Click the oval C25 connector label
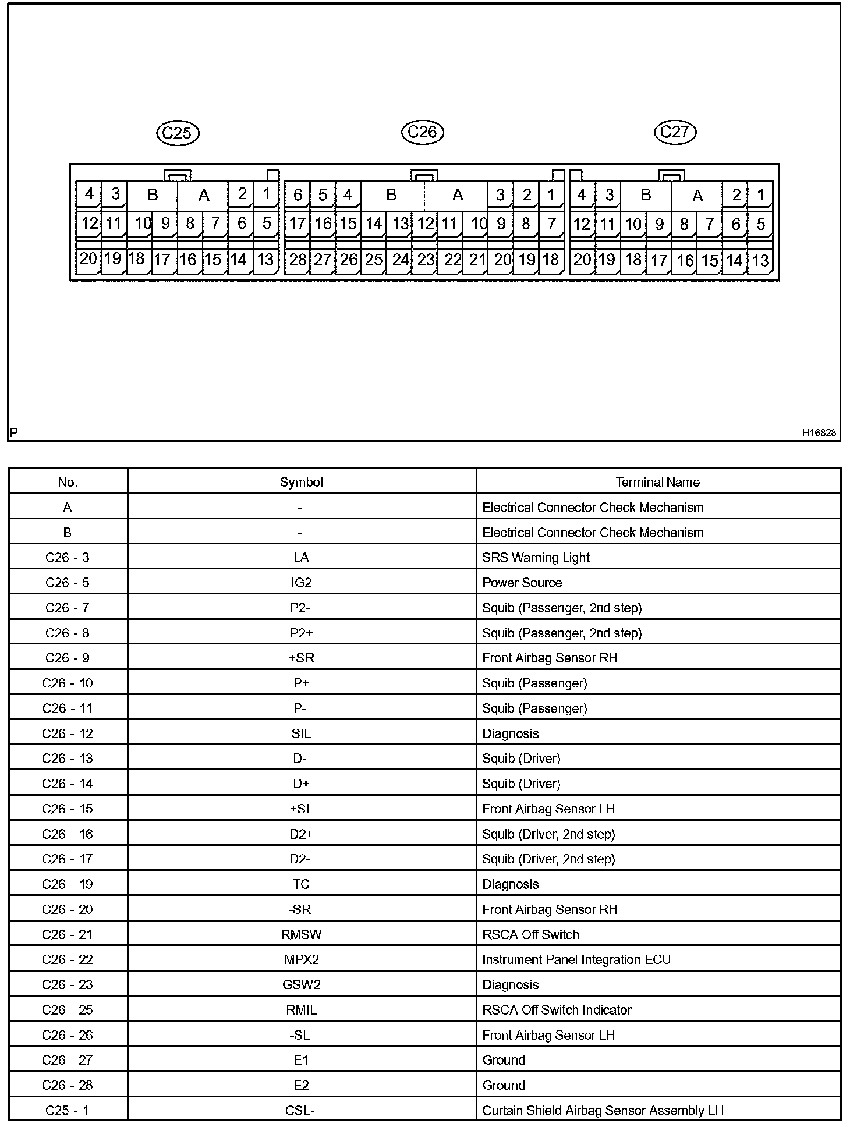(x=178, y=133)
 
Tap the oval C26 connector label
(x=423, y=132)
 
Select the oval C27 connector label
(x=675, y=132)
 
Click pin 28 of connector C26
(x=298, y=260)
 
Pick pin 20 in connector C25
(x=88, y=258)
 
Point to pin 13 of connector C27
(x=760, y=260)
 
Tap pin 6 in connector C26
(x=298, y=195)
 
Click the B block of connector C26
(x=392, y=195)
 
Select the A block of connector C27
(x=697, y=196)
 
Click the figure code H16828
(x=819, y=433)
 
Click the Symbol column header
(x=301, y=482)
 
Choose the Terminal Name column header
(x=658, y=482)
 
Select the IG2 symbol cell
(x=301, y=583)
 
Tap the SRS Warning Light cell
(x=536, y=558)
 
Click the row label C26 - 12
(x=68, y=733)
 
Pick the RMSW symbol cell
(x=301, y=934)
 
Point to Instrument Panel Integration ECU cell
(x=576, y=959)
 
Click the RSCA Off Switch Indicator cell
(x=557, y=1009)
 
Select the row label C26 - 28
(x=68, y=1085)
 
